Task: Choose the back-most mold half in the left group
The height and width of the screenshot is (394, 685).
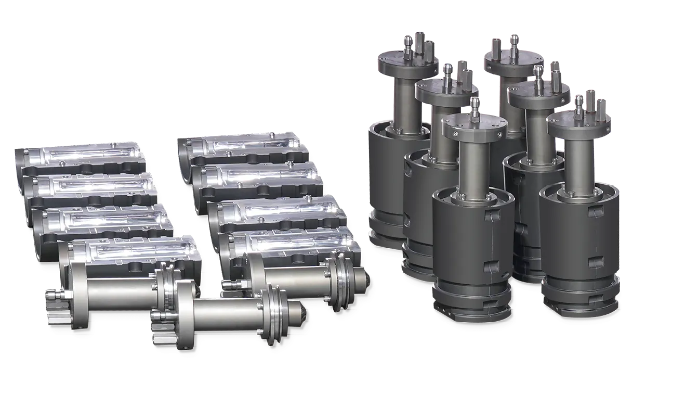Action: (78, 156)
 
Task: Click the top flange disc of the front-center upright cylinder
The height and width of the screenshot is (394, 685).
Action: (473, 125)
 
